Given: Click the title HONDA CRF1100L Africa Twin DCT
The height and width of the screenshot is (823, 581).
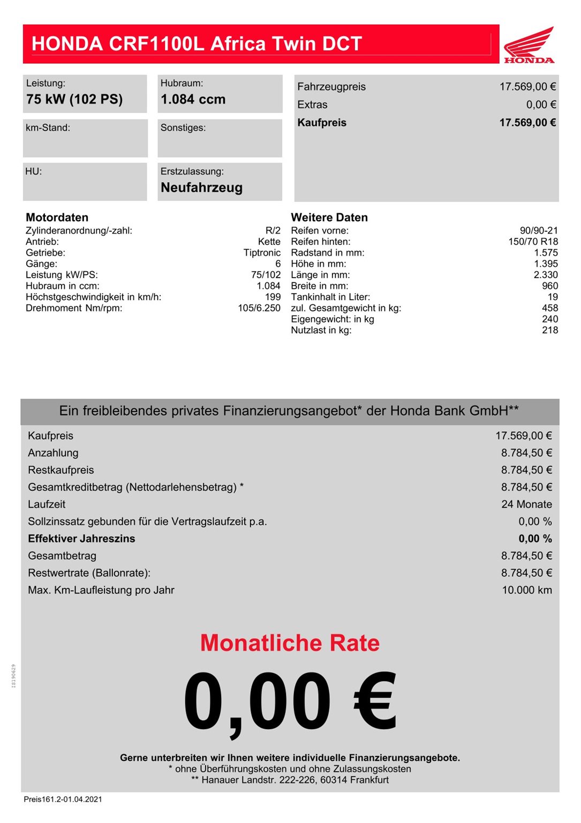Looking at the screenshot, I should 197,44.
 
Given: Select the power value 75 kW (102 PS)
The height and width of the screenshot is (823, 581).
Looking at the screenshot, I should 74,100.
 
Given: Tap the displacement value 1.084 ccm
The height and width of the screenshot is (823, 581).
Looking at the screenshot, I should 193,100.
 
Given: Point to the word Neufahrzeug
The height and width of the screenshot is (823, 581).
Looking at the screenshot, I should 201,188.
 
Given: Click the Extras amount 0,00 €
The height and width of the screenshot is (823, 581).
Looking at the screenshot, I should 541,105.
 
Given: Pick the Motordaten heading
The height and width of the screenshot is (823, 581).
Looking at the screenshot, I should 57,218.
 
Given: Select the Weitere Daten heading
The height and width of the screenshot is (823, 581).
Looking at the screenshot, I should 329,218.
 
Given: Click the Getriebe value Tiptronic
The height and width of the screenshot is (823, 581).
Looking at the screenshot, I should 262,253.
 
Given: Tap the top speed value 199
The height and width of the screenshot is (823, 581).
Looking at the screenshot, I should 273,297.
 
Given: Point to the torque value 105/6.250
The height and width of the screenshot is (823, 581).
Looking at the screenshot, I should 259,308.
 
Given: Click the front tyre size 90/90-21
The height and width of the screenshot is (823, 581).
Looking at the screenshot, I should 539,231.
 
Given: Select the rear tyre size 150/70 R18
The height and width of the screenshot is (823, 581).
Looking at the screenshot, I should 533,242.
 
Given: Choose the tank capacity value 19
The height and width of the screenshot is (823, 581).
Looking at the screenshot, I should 553,297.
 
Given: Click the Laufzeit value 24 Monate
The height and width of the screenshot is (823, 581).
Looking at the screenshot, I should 526,505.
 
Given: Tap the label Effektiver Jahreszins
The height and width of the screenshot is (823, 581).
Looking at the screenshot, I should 81,539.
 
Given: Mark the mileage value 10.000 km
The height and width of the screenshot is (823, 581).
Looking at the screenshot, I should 526,590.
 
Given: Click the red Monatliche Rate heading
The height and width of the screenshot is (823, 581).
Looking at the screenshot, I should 290,643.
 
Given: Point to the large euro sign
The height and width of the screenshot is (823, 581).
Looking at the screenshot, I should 375,701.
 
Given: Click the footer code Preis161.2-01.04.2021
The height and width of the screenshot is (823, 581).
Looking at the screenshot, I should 63,799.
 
